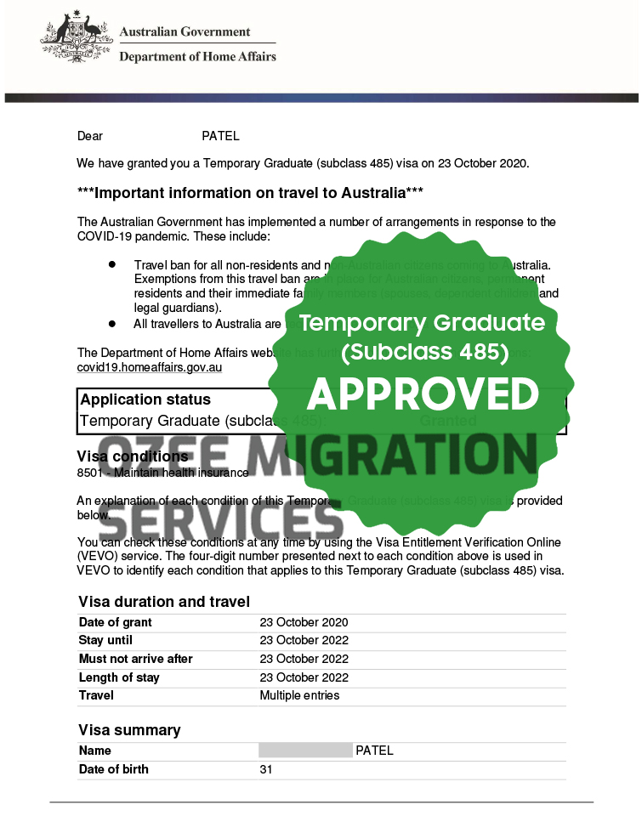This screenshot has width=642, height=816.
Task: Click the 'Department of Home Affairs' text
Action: point(197,57)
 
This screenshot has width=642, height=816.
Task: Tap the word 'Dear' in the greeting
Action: point(90,136)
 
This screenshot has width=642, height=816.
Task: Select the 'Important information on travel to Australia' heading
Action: point(250,193)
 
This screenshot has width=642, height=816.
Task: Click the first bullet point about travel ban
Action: point(111,265)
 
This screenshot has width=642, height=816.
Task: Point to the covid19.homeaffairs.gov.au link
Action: point(150,367)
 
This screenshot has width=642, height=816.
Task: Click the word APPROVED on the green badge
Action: point(423,394)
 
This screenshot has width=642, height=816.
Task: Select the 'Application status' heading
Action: point(145,399)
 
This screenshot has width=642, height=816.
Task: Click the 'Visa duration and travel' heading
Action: point(164,602)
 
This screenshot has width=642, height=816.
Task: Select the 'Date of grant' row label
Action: point(115,622)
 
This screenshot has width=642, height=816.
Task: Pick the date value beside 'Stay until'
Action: point(304,640)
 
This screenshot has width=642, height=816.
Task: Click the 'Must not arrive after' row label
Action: point(135,659)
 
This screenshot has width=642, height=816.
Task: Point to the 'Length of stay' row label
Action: point(119,677)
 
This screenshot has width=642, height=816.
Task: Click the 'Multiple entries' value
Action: point(299,695)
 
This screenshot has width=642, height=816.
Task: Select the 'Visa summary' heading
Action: point(129,730)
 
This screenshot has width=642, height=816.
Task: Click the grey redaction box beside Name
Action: point(305,751)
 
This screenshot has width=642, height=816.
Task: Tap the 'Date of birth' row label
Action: point(113,769)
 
